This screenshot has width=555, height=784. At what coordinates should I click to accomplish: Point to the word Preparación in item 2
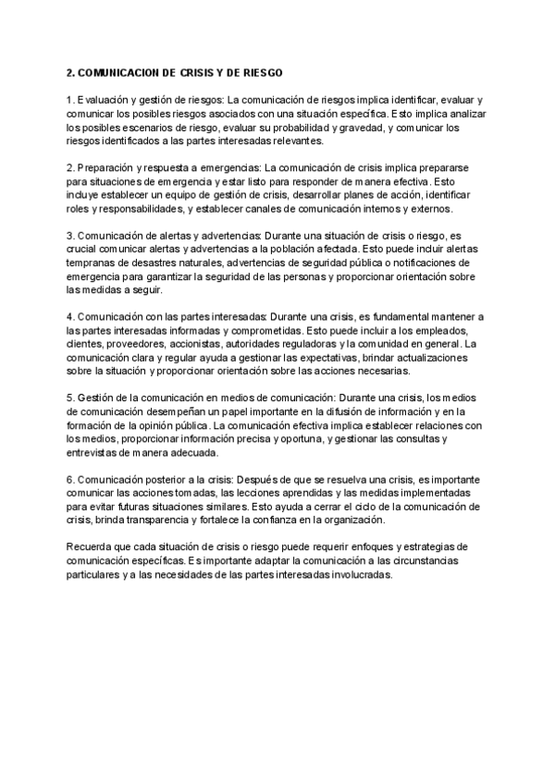tap(107, 168)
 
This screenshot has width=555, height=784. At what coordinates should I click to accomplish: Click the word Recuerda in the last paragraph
tap(92, 547)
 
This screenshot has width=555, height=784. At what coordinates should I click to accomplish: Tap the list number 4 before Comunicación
tap(69, 317)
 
